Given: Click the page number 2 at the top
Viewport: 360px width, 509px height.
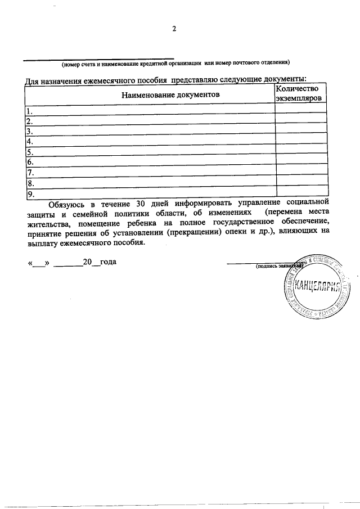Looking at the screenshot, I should [x=174, y=30].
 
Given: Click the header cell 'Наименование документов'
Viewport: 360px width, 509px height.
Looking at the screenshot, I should [x=170, y=95].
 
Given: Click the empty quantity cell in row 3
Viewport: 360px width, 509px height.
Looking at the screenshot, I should [x=300, y=131].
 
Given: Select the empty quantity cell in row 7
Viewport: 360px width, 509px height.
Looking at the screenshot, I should [x=300, y=173].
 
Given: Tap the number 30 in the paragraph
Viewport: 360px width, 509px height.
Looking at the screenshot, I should [x=143, y=203].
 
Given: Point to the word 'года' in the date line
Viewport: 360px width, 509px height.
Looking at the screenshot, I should [x=108, y=263].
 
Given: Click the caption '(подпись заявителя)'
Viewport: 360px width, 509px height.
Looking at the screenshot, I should [x=277, y=265].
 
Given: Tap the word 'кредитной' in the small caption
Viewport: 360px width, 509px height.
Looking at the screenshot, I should [x=155, y=62].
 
